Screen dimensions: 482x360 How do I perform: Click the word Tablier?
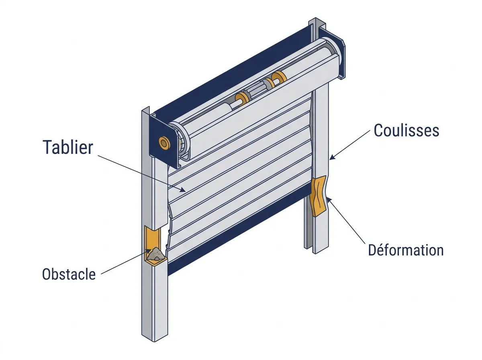pyautogui.click(x=68, y=147)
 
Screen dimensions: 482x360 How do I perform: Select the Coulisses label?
pyautogui.click(x=406, y=130)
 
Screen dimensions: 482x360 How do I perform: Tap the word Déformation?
pyautogui.click(x=406, y=250)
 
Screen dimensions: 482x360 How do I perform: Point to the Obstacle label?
pyautogui.click(x=69, y=274)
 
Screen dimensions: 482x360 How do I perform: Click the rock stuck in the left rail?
pyautogui.click(x=155, y=254)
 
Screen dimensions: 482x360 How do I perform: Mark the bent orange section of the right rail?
pyautogui.click(x=319, y=196)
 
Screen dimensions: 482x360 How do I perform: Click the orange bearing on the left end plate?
pyautogui.click(x=164, y=143)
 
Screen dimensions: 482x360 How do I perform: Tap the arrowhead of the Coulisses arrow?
pyautogui.click(x=332, y=157)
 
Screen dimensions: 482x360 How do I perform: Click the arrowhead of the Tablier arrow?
pyautogui.click(x=183, y=190)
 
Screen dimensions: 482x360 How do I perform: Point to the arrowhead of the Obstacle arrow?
pyautogui.click(x=149, y=251)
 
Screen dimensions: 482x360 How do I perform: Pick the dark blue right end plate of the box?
pyautogui.click(x=332, y=53)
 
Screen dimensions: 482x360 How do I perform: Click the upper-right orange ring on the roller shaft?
pyautogui.click(x=279, y=78)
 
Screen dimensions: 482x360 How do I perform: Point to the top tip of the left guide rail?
pyautogui.click(x=149, y=107)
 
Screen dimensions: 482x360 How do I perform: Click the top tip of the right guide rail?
pyautogui.click(x=316, y=18)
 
